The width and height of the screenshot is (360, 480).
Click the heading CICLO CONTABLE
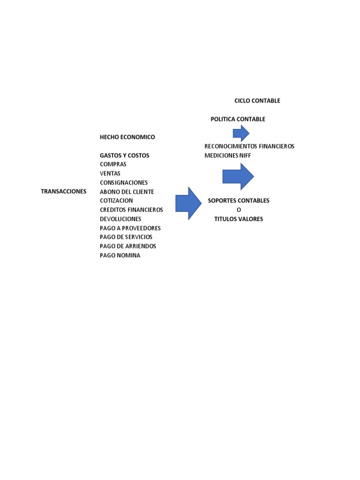(257, 101)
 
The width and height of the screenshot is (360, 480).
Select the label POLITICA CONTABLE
(238, 119)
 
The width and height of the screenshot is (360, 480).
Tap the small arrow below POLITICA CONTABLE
(241, 133)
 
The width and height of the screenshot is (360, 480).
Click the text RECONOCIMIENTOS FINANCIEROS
(249, 146)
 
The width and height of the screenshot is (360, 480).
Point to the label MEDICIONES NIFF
(228, 155)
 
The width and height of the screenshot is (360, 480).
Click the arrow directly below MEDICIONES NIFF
(238, 176)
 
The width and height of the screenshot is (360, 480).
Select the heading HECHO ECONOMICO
(127, 137)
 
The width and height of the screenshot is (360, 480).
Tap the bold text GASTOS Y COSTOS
(124, 155)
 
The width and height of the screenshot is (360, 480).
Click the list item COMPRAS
(113, 164)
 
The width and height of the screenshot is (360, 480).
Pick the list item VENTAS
(110, 173)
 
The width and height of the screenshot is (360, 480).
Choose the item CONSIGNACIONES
(124, 182)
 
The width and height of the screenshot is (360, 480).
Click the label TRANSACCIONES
(64, 191)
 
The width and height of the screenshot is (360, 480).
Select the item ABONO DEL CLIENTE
(127, 192)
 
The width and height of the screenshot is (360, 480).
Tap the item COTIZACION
(116, 201)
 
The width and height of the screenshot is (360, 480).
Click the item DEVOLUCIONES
(120, 219)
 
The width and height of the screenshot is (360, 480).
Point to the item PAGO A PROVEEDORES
(130, 228)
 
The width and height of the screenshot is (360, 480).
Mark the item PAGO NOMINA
(120, 255)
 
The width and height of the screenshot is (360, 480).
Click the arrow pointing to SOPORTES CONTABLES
(188, 203)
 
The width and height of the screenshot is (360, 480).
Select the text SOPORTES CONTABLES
(239, 201)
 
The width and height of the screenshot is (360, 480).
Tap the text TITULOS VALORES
(239, 219)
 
